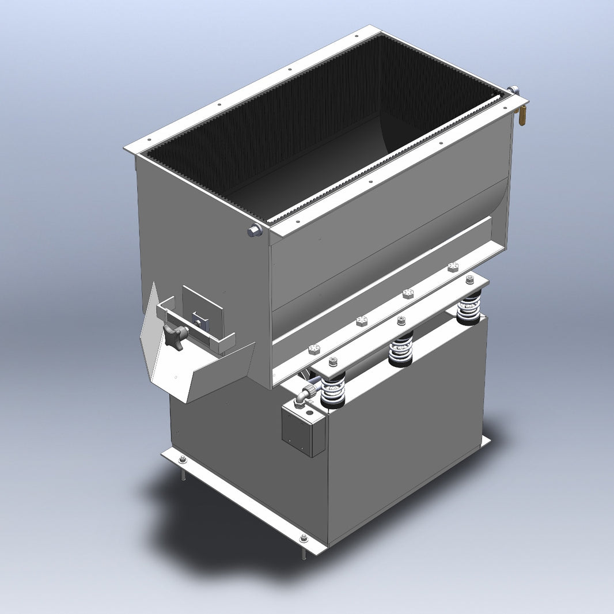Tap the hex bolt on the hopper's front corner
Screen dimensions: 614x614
(254, 230)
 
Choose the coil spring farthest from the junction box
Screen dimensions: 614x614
(469, 308)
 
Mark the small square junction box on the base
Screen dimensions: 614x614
(304, 429)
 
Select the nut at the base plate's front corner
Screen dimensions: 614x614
(304, 539)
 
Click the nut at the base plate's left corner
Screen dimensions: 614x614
(182, 459)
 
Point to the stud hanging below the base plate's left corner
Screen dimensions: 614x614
(183, 473)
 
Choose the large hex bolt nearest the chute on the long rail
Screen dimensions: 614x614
(314, 350)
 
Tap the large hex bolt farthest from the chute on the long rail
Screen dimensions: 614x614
(453, 267)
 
